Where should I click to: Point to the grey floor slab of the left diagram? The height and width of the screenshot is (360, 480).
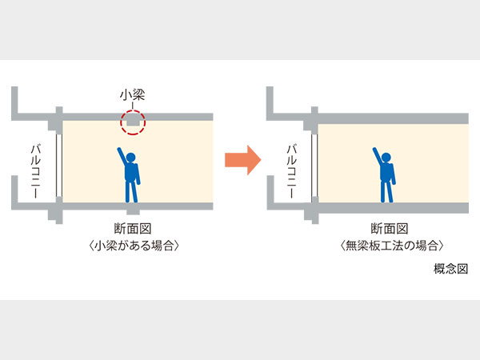click(136, 207)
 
